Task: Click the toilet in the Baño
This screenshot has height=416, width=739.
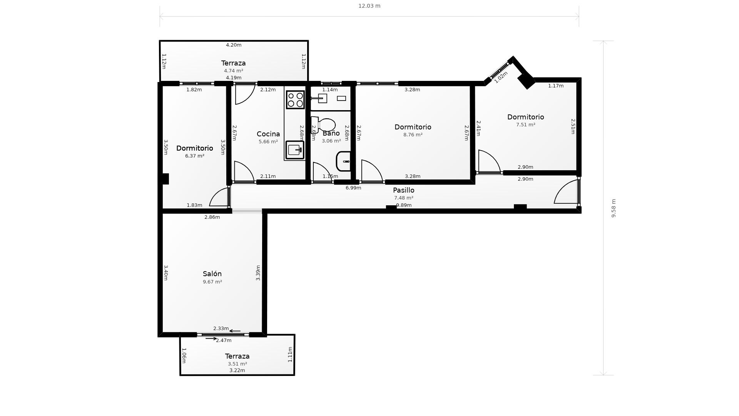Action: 323,125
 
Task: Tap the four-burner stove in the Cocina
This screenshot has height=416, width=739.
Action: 295,100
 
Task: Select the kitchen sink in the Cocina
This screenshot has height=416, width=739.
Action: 295,150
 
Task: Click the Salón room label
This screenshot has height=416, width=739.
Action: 212,274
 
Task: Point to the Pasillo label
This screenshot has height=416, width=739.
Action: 403,190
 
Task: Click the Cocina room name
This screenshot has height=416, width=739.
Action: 268,134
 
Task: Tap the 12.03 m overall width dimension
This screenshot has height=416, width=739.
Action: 369,6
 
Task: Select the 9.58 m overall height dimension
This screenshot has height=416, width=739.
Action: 614,208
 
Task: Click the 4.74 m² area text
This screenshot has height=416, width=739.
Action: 234,71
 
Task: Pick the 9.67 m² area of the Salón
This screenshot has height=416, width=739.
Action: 212,282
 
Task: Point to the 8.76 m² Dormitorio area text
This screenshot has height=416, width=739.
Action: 413,135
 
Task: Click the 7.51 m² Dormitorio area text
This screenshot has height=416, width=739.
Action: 526,125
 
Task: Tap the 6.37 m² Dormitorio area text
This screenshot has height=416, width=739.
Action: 195,156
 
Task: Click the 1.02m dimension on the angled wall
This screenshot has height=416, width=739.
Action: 501,77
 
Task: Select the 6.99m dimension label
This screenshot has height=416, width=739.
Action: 353,188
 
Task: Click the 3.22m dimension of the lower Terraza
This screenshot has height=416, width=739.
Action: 237,371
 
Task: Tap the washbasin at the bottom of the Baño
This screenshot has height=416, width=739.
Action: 343,161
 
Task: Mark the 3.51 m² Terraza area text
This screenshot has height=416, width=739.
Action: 237,364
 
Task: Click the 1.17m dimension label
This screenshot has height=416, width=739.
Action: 556,86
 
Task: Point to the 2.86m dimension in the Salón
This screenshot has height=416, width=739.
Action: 212,217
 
